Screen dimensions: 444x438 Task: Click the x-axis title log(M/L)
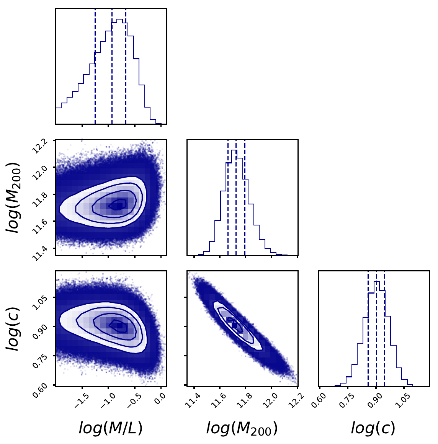111,428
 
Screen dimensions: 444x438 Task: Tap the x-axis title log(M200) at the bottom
242,428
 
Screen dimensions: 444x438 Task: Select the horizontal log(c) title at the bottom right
373,428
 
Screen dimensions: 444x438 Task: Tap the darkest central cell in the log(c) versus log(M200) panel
235,326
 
